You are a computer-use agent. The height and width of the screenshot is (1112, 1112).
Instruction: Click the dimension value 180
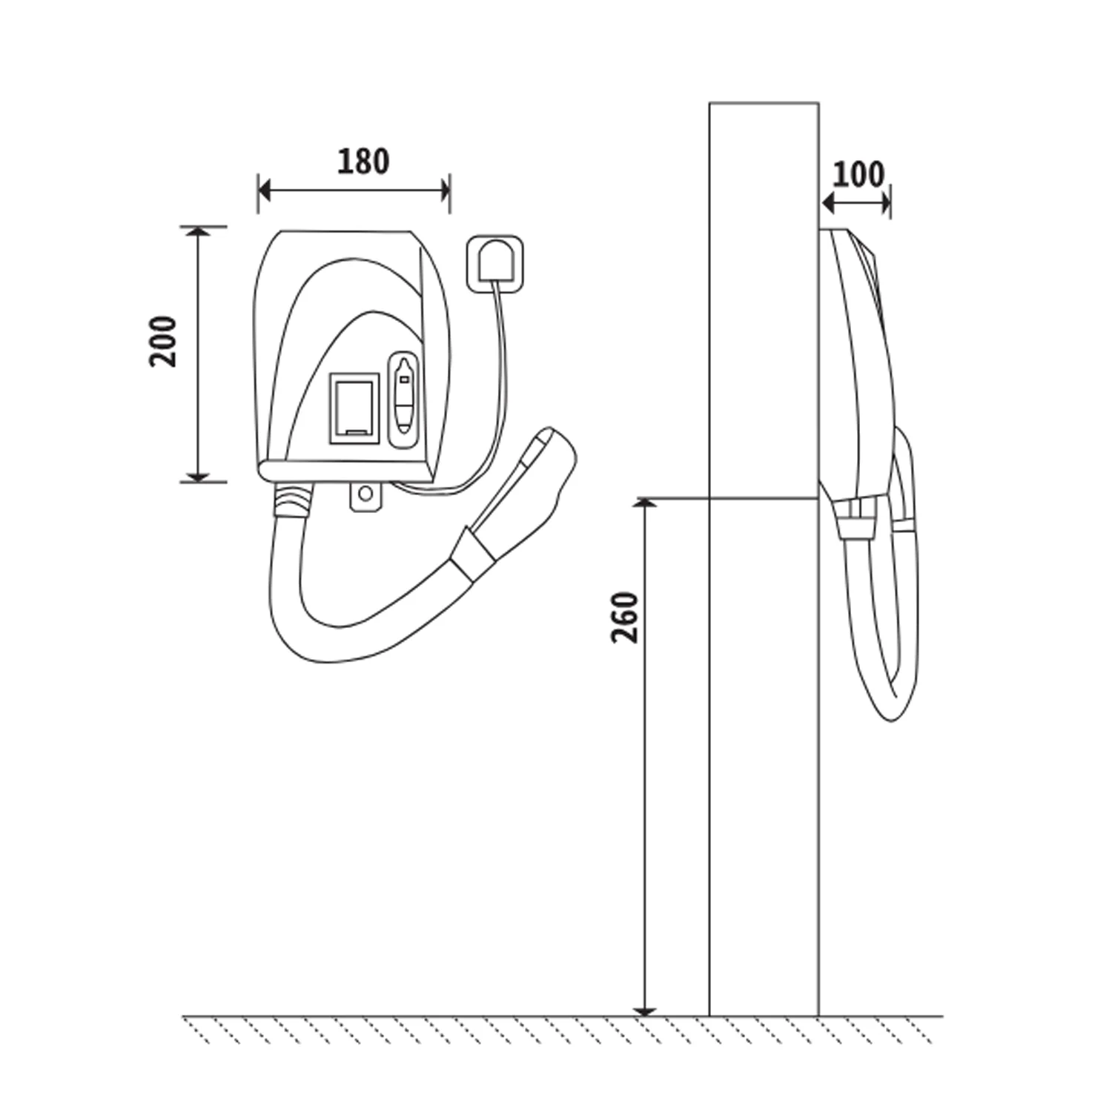click(x=363, y=162)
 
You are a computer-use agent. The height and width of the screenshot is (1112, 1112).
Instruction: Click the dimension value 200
click(x=163, y=341)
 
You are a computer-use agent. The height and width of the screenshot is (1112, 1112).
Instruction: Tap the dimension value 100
click(x=858, y=174)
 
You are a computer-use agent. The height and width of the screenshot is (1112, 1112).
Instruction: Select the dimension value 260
click(x=624, y=618)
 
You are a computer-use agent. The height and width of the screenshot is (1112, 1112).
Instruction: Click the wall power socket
click(x=493, y=262)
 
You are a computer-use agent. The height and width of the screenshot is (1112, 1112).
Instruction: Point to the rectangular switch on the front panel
click(x=354, y=408)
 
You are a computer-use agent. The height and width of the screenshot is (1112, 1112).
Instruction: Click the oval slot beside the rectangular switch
click(x=404, y=400)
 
